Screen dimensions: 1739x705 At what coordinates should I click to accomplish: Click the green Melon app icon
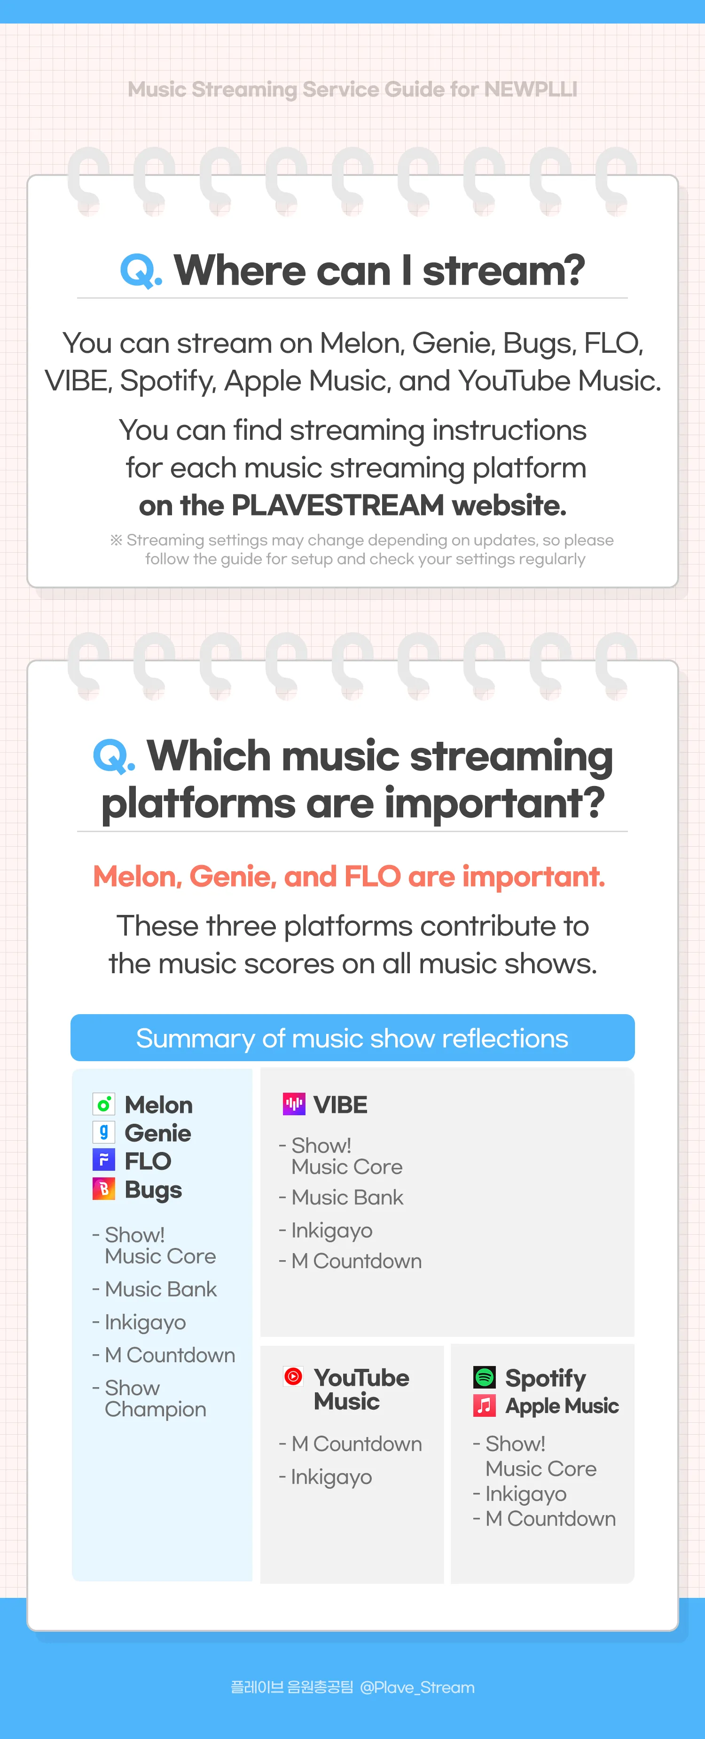(x=104, y=1104)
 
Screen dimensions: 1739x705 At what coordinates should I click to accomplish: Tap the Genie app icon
(x=104, y=1132)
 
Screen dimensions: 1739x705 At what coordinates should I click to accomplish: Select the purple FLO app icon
(x=104, y=1160)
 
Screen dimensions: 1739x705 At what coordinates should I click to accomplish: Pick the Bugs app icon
(x=104, y=1189)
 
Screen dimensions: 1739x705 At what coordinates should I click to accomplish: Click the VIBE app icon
(x=293, y=1104)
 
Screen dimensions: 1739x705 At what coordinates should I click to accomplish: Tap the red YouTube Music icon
(x=293, y=1376)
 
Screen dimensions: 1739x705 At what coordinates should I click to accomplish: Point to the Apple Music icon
(x=485, y=1405)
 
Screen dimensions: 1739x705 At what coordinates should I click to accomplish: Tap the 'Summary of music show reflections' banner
(x=352, y=1038)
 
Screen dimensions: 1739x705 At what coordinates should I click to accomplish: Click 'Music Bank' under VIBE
(x=347, y=1197)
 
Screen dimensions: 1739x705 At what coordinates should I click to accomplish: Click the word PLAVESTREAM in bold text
(x=337, y=505)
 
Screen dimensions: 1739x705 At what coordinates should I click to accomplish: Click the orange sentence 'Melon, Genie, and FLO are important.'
(x=349, y=876)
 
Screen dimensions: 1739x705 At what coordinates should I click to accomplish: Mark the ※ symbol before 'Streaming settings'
(x=116, y=540)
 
